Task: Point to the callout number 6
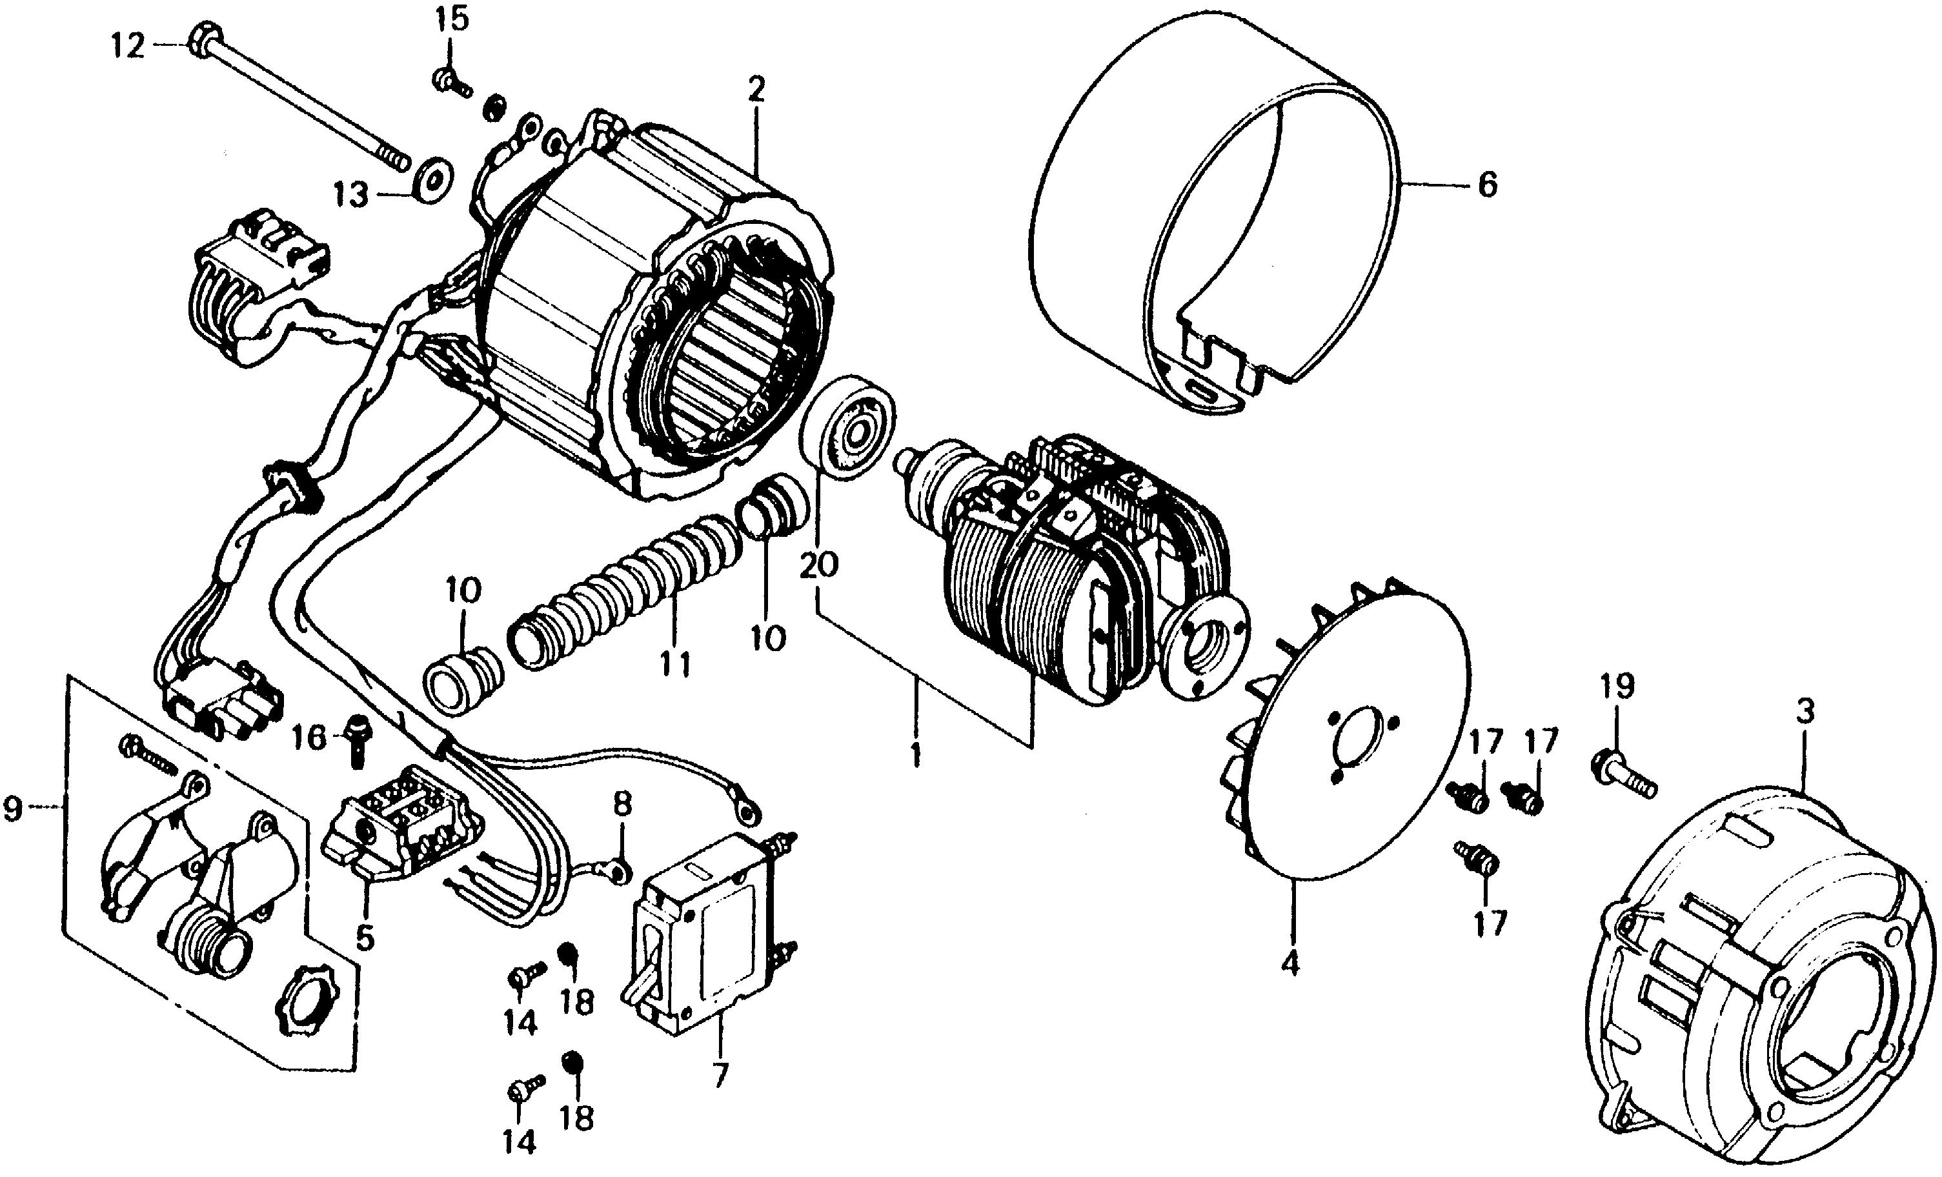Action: pos(1486,186)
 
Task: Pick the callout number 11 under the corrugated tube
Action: pos(674,664)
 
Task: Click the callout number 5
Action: pos(364,938)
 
